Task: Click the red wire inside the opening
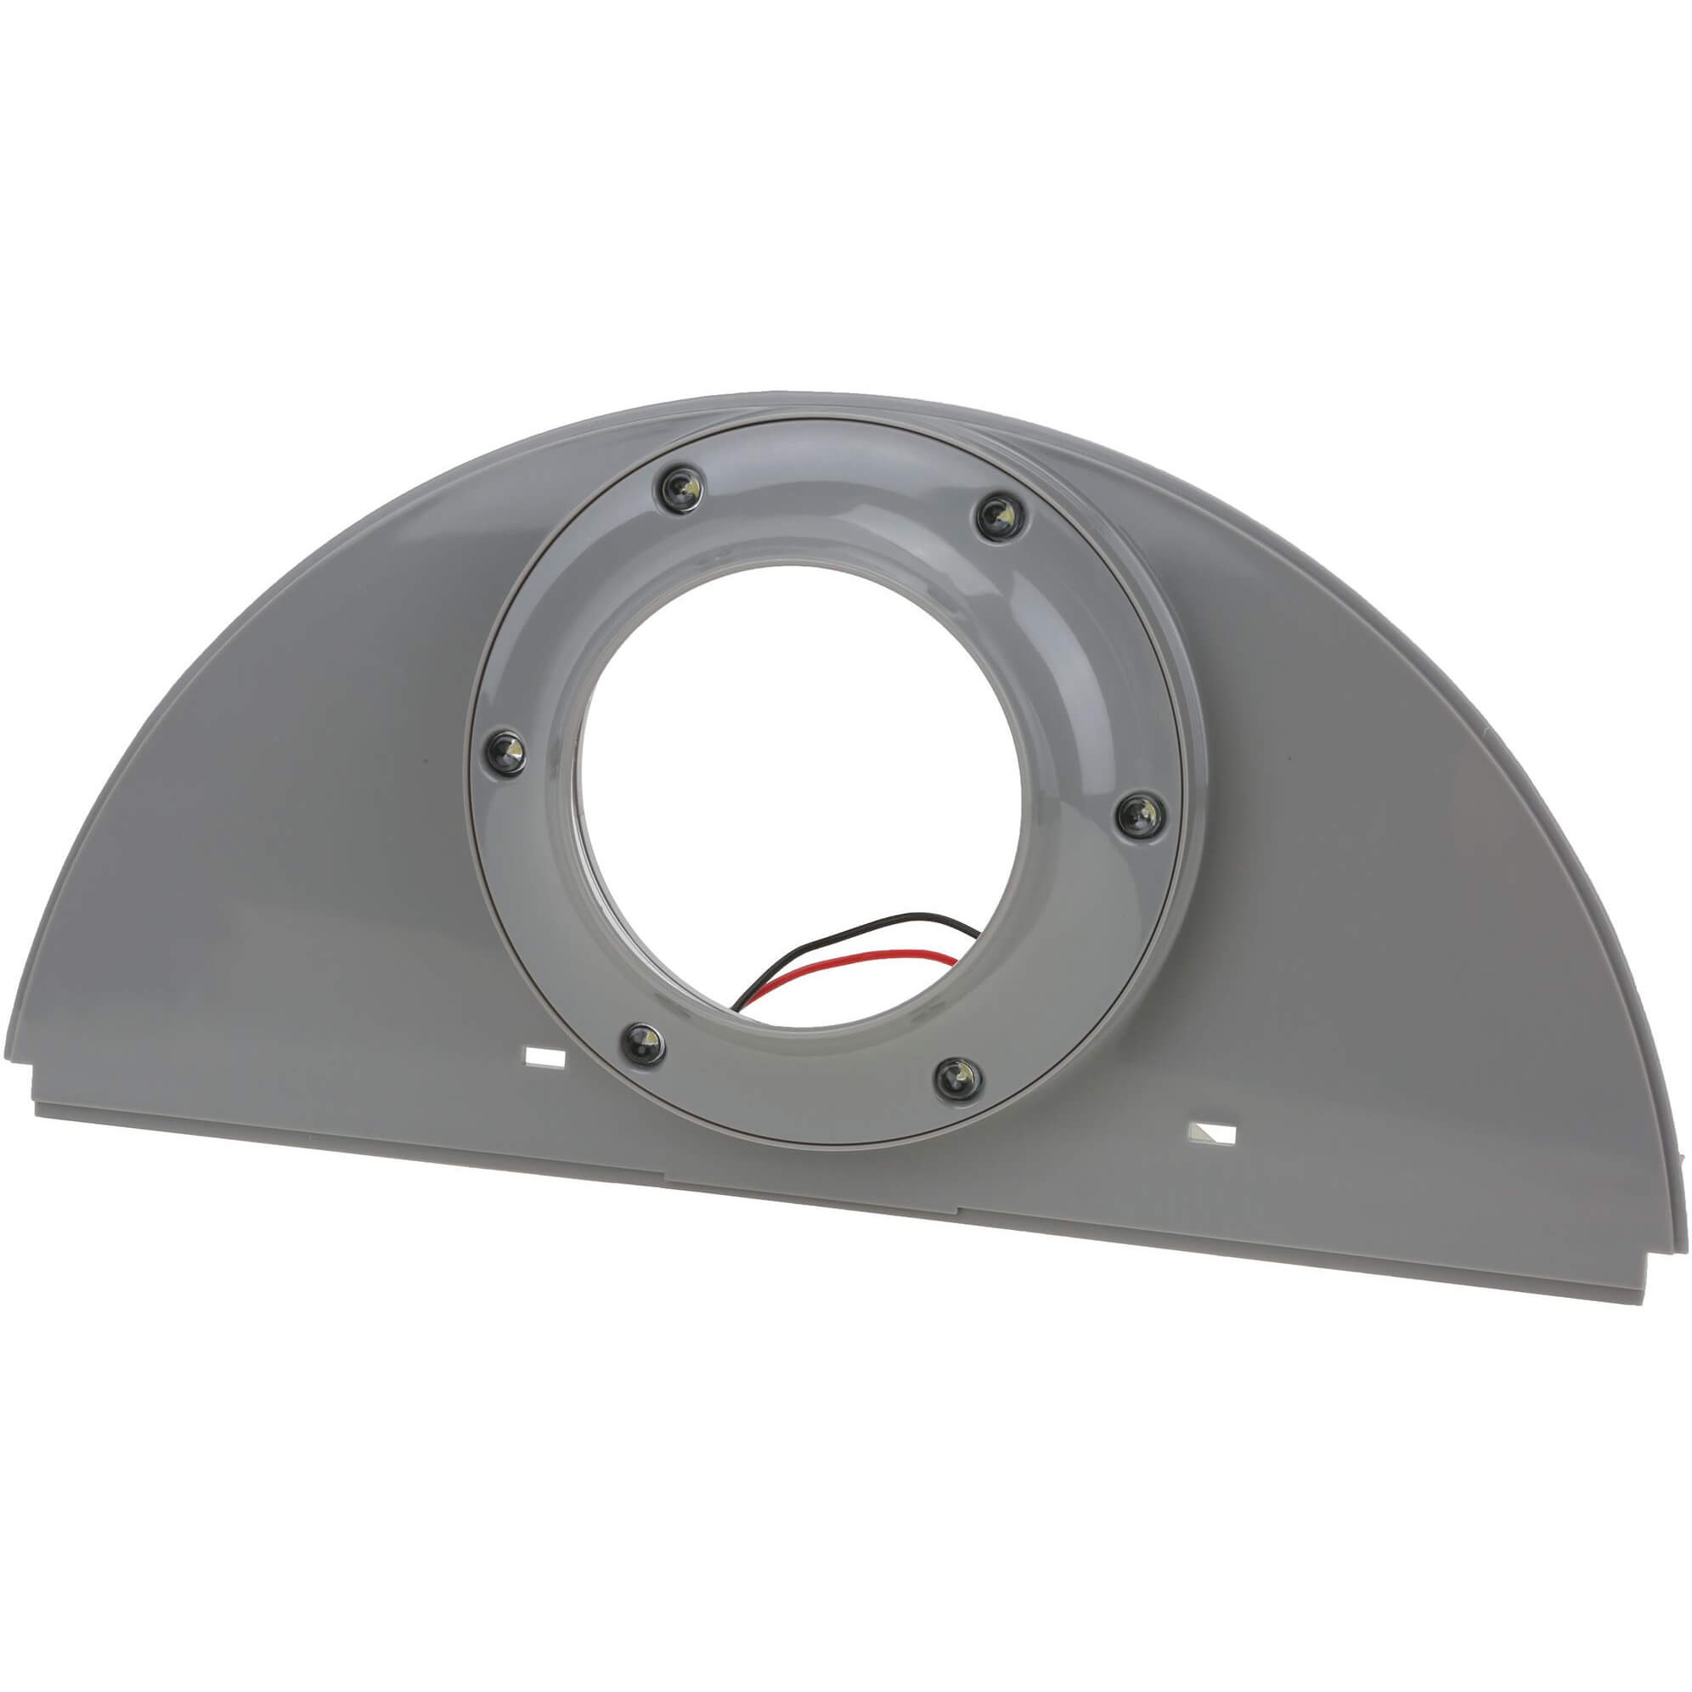(841, 962)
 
